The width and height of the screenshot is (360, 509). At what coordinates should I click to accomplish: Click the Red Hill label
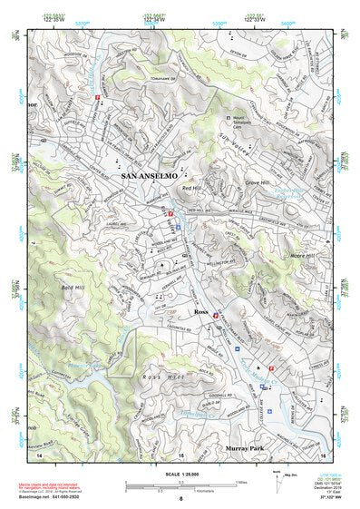click(x=193, y=188)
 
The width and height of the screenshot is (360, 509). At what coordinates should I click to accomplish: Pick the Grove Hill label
click(x=258, y=182)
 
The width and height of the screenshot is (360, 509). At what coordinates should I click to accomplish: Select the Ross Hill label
click(x=164, y=375)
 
